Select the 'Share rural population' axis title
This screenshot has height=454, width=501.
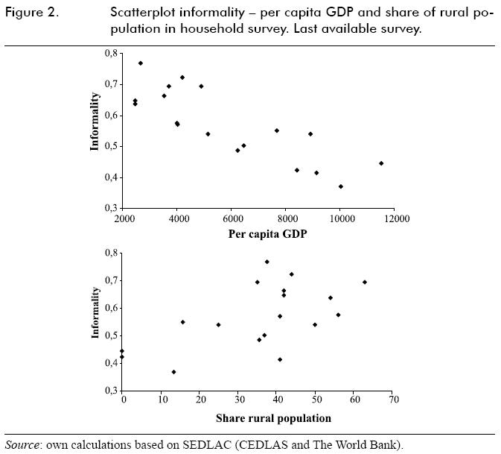(x=273, y=417)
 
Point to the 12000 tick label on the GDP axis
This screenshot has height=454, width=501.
(x=395, y=218)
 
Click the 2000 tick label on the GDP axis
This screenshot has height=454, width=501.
(x=124, y=218)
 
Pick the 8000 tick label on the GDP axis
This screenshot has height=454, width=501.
(x=287, y=218)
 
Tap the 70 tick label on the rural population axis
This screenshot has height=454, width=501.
(x=393, y=400)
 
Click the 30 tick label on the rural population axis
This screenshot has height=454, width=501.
(x=238, y=400)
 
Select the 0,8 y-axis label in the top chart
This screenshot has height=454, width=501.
(x=110, y=54)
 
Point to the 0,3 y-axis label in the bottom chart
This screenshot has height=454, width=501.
(x=110, y=391)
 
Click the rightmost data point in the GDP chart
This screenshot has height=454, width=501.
(x=381, y=163)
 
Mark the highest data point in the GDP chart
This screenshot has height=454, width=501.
(x=141, y=63)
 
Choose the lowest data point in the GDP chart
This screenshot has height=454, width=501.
(x=341, y=186)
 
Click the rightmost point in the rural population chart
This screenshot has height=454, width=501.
(x=365, y=282)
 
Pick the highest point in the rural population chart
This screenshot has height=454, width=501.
(x=267, y=262)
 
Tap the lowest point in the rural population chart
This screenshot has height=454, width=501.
(x=174, y=372)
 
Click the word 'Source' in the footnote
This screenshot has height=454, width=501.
(x=22, y=445)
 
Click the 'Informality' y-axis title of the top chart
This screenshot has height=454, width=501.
(x=95, y=121)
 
